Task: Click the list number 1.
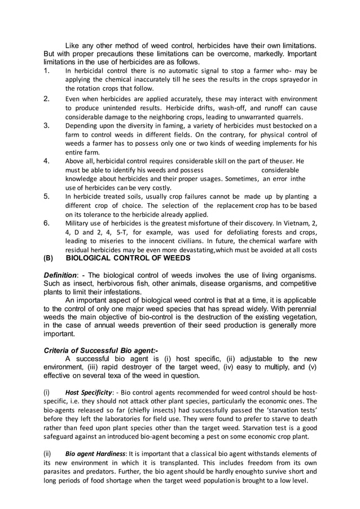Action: coord(47,71)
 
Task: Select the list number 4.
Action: coord(47,161)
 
